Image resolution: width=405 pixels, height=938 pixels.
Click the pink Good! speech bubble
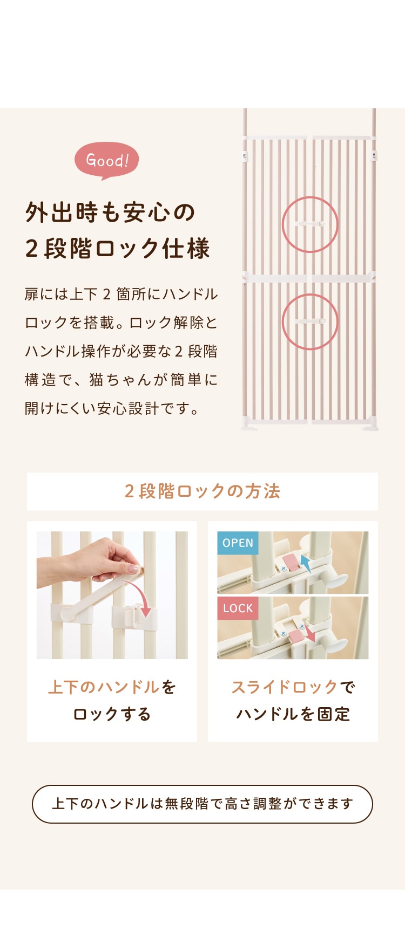click(106, 160)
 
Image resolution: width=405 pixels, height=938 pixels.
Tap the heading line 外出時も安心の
click(110, 213)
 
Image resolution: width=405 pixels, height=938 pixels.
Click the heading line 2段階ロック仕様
click(117, 249)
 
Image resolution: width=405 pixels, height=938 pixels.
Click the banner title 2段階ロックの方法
click(202, 491)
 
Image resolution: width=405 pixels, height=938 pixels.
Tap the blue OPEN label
click(238, 543)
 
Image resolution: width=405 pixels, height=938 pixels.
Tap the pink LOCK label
click(238, 608)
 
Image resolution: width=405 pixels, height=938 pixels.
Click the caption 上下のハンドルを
click(112, 687)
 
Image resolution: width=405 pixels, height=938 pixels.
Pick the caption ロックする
click(112, 714)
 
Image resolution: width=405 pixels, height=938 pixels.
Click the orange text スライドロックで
click(293, 687)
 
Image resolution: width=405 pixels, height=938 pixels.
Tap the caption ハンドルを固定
click(293, 714)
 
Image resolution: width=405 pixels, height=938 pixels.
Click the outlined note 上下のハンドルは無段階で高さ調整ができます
click(202, 804)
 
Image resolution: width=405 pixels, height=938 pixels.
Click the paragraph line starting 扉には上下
click(122, 294)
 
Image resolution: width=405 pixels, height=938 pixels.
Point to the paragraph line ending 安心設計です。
click(112, 408)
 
